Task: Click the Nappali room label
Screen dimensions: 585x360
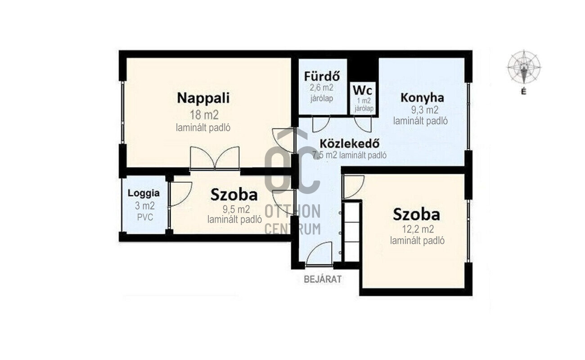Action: pos(203,98)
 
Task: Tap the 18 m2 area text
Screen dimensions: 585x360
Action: pos(204,115)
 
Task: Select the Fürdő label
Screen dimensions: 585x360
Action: pos(322,76)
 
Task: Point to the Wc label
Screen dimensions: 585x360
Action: pos(363,90)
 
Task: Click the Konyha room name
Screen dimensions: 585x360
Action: pos(422,98)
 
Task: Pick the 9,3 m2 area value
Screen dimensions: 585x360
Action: pos(425,110)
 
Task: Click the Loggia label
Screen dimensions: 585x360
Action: pos(144,193)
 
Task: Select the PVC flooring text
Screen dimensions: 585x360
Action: pos(145,217)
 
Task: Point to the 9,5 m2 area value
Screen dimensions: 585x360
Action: pos(236,209)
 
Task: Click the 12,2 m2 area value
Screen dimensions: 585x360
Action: pos(418,229)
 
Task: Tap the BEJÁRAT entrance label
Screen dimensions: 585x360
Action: pos(323,279)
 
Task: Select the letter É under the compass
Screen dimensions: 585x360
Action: pos(524,91)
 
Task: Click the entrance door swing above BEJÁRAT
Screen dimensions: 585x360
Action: pos(319,253)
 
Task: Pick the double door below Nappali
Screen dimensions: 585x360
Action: pos(215,158)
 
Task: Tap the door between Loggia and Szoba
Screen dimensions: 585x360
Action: pos(180,193)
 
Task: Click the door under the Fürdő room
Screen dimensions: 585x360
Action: pos(321,125)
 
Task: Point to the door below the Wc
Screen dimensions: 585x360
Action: pos(363,125)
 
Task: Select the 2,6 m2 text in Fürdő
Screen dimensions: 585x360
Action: pos(321,88)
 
